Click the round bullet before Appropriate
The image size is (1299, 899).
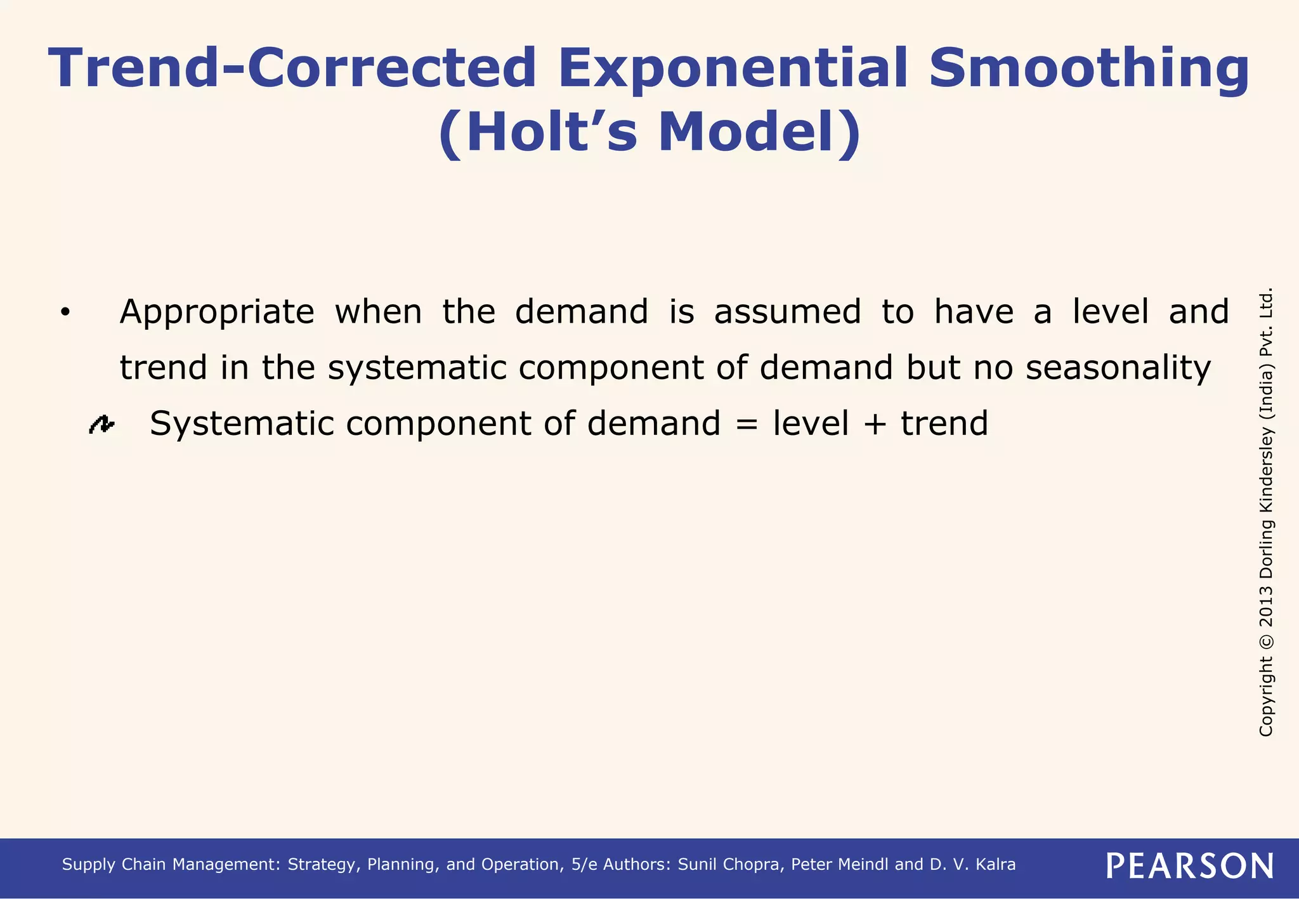pos(65,313)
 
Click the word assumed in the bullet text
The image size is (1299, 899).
pos(787,312)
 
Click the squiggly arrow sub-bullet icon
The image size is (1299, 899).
pos(101,424)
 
